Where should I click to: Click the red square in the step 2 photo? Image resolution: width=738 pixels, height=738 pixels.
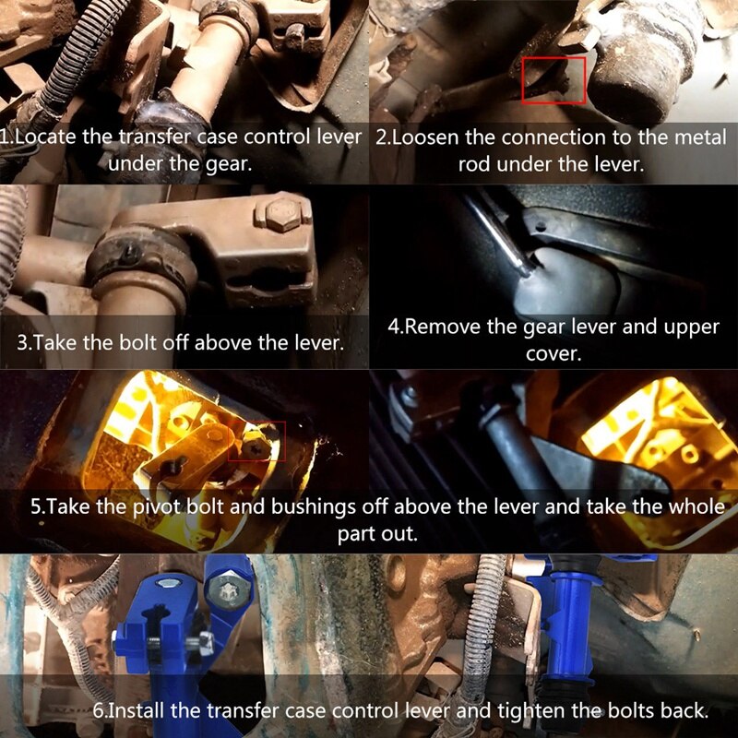pyautogui.click(x=553, y=57)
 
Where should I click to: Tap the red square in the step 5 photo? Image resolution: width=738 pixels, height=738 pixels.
pyautogui.click(x=256, y=423)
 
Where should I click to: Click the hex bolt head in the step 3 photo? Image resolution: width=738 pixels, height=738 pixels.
pyautogui.click(x=283, y=214)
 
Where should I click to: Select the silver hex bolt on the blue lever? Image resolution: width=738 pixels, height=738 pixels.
pyautogui.click(x=227, y=590)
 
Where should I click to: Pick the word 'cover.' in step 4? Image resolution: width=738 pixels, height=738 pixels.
pyautogui.click(x=553, y=354)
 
